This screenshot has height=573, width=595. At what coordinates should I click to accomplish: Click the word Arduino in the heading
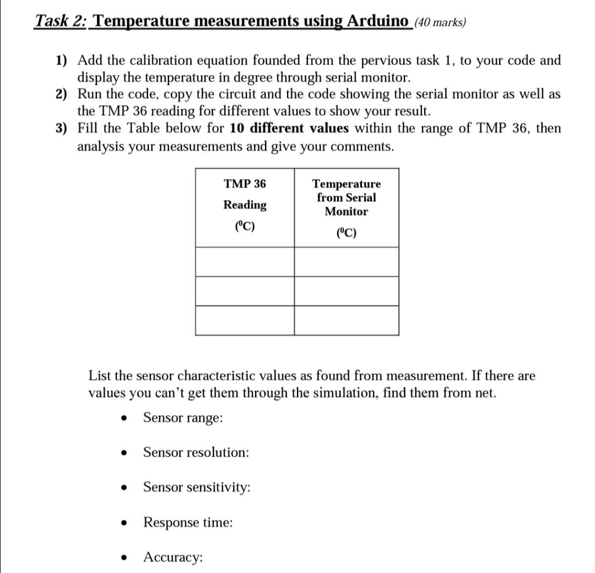pyautogui.click(x=378, y=22)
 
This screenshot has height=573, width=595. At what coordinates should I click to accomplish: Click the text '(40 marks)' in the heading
pyautogui.click(x=440, y=23)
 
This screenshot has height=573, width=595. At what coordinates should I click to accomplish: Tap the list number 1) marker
pyautogui.click(x=62, y=60)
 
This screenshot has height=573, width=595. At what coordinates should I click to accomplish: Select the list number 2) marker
pyautogui.click(x=62, y=94)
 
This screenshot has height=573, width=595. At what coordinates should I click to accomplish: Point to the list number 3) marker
pyautogui.click(x=62, y=129)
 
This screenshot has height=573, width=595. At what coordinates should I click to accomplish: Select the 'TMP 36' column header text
pyautogui.click(x=245, y=184)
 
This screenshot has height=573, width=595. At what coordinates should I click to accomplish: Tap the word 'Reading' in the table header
pyautogui.click(x=245, y=205)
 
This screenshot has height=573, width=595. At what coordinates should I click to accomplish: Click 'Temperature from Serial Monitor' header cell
pyautogui.click(x=346, y=198)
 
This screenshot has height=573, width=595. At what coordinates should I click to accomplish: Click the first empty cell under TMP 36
pyautogui.click(x=245, y=262)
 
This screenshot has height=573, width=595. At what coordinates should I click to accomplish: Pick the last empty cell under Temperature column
pyautogui.click(x=346, y=321)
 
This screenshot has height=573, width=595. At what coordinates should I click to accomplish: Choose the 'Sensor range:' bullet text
pyautogui.click(x=183, y=418)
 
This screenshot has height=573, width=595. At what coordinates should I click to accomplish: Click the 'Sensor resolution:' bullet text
pyautogui.click(x=196, y=453)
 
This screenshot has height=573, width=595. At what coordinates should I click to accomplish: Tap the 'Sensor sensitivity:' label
pyautogui.click(x=197, y=487)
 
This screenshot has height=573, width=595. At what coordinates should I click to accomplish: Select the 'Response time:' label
pyautogui.click(x=188, y=522)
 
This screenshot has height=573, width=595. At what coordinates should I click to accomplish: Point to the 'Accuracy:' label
pyautogui.click(x=173, y=557)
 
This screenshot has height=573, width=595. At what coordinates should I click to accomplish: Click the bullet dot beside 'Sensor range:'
pyautogui.click(x=123, y=418)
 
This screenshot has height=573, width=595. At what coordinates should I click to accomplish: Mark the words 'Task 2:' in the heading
pyautogui.click(x=60, y=22)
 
